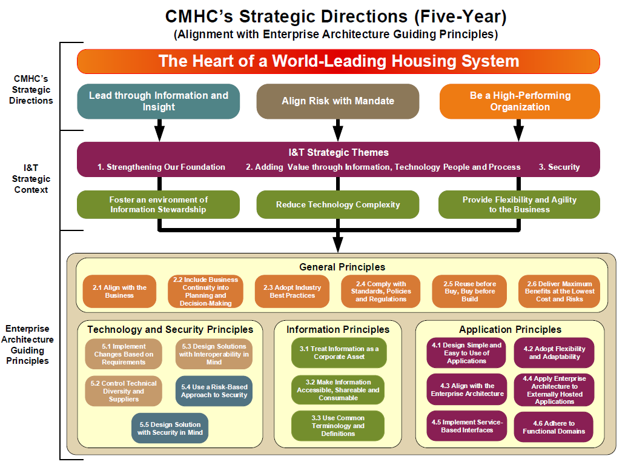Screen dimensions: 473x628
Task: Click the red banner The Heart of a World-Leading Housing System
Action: tap(338, 61)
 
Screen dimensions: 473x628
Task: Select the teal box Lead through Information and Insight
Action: tap(159, 101)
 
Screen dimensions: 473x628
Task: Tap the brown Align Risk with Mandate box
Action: tap(338, 101)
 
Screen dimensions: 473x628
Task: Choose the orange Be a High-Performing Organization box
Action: tap(520, 101)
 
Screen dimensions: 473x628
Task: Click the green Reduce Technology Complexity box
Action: tap(338, 204)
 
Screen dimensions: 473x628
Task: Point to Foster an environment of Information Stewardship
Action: tap(159, 204)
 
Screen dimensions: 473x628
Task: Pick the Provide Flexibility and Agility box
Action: tap(520, 204)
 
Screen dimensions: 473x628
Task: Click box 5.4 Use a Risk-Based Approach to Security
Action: tap(214, 391)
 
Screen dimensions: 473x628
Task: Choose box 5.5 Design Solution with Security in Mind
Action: tap(170, 428)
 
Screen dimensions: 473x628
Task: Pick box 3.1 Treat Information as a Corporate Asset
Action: tap(338, 353)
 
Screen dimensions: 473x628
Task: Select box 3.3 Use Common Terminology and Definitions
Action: tap(338, 426)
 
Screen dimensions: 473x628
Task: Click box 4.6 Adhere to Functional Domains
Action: tap(554, 427)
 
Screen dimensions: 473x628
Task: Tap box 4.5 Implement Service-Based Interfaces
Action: tap(466, 426)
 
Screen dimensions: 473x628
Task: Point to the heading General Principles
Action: tap(342, 267)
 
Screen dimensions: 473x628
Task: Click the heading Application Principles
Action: tap(510, 329)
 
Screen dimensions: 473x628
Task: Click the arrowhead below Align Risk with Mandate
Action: tap(338, 134)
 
